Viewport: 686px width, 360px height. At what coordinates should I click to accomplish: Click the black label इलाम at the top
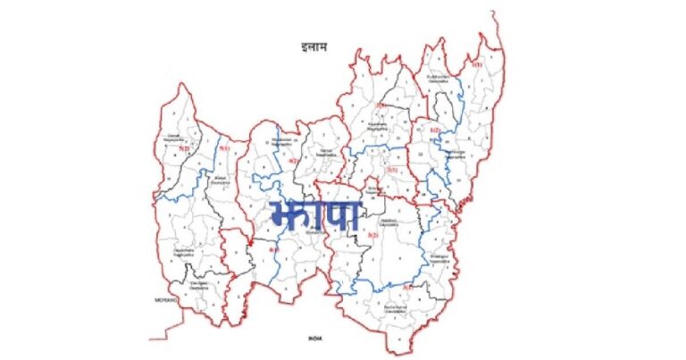point(314,46)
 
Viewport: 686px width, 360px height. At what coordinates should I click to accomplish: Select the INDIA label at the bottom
point(314,338)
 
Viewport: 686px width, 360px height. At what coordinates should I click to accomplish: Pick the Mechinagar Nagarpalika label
point(456,154)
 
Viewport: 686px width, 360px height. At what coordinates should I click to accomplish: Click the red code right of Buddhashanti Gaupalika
point(477,63)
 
